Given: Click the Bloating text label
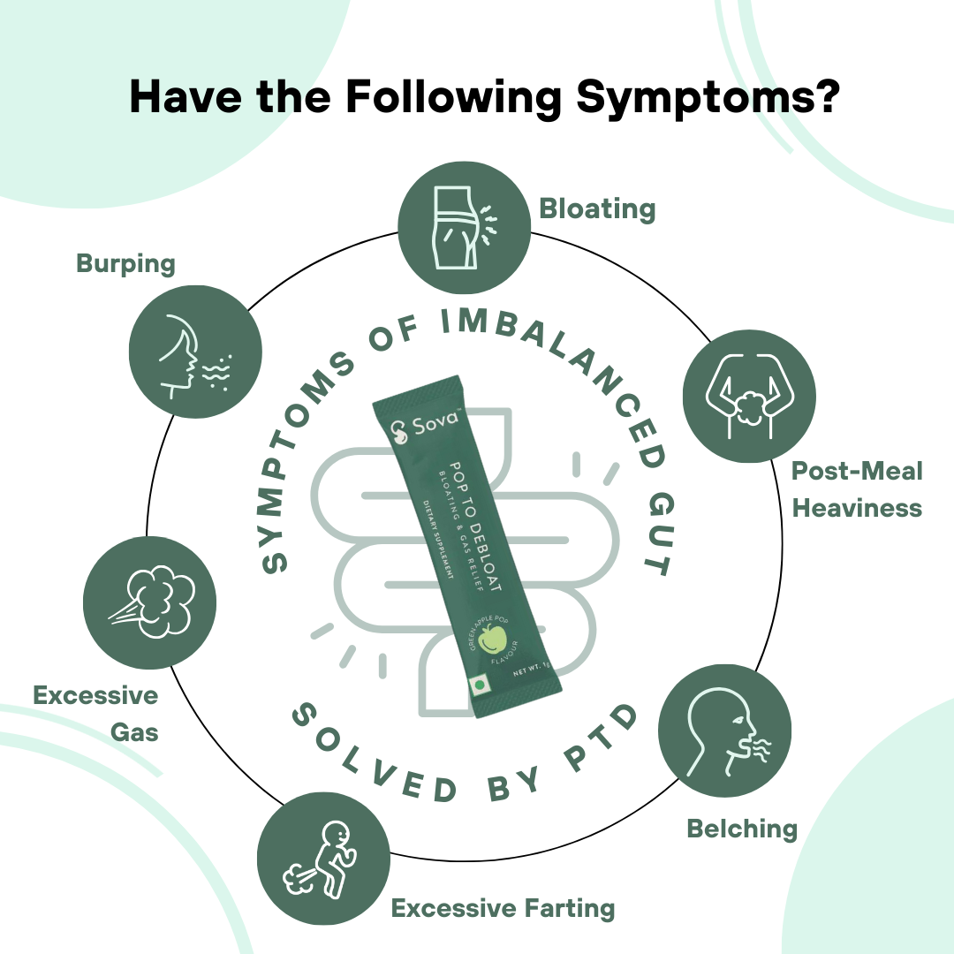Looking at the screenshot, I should [x=597, y=209].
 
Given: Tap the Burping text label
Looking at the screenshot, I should [x=125, y=263].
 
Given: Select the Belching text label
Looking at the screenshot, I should [x=742, y=829].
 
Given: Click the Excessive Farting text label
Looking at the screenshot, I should [x=503, y=907].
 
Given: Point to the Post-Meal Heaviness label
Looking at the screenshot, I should [x=856, y=489].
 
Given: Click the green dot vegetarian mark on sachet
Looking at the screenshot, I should [x=481, y=685].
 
